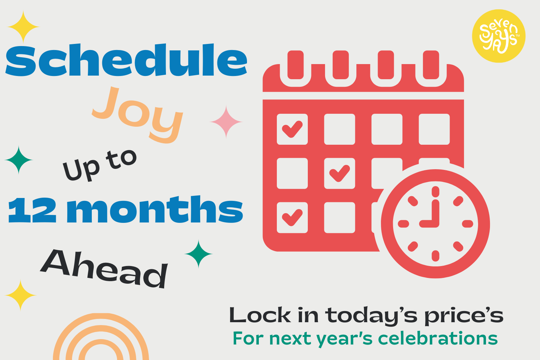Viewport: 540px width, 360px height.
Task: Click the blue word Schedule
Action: point(126,60)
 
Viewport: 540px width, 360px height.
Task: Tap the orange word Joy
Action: point(138,115)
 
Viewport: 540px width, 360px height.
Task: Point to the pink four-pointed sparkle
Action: point(226,122)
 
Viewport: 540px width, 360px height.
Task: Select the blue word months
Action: point(155,209)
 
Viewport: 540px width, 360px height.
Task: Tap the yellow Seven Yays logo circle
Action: point(499,36)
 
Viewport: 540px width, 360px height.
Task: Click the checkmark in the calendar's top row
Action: point(292,129)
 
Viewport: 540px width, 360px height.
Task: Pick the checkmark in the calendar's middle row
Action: point(339,173)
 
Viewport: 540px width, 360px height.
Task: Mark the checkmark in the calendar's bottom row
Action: point(292,217)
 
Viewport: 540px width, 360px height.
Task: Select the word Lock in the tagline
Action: point(260,315)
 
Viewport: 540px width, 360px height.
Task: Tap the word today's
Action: point(371,316)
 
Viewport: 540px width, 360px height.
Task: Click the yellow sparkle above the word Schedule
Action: point(23,27)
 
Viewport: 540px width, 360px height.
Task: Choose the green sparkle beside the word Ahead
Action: point(198,254)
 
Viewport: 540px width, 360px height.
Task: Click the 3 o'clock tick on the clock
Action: point(467,224)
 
